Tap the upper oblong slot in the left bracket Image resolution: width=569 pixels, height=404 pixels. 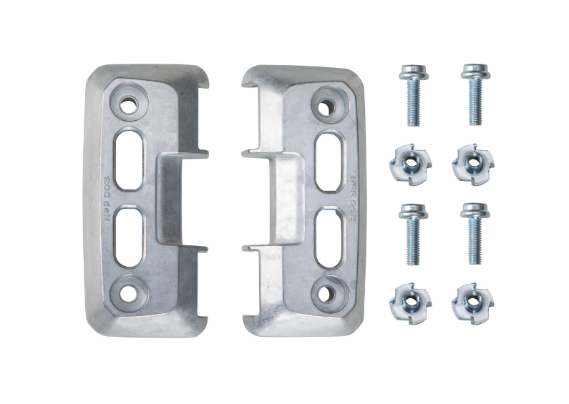point(128,159)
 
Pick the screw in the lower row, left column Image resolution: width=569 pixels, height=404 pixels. point(413,232)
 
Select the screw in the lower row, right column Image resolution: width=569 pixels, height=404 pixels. point(474,232)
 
